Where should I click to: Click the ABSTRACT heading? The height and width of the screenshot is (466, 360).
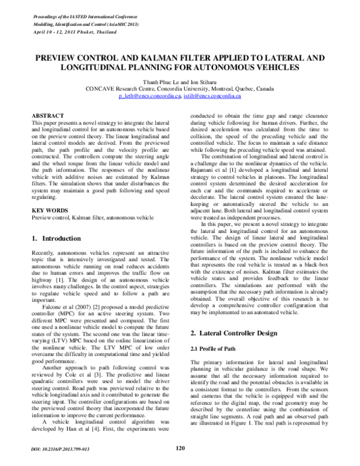point(47,114)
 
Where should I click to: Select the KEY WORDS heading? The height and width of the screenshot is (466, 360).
point(49,211)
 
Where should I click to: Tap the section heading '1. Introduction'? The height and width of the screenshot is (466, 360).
point(55,238)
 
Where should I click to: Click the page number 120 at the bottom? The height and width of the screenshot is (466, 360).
point(179,447)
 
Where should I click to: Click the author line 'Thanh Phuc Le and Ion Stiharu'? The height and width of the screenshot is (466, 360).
point(179,80)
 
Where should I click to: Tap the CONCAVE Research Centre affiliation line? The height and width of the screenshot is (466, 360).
point(179,88)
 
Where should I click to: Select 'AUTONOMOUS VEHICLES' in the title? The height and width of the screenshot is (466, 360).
point(248,68)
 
